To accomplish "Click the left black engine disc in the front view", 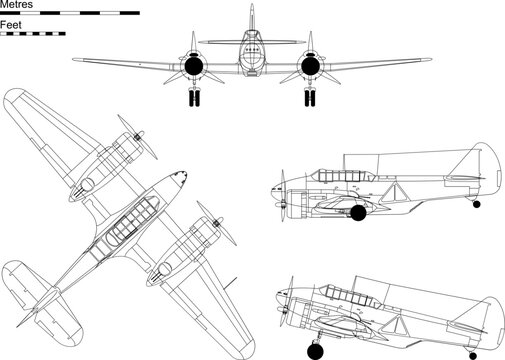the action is click(194, 67).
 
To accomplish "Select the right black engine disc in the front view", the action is click(308, 67).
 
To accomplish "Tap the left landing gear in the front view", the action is click(194, 98).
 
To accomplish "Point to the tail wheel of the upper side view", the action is click(476, 205).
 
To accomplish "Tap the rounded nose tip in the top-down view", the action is click(179, 182).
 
